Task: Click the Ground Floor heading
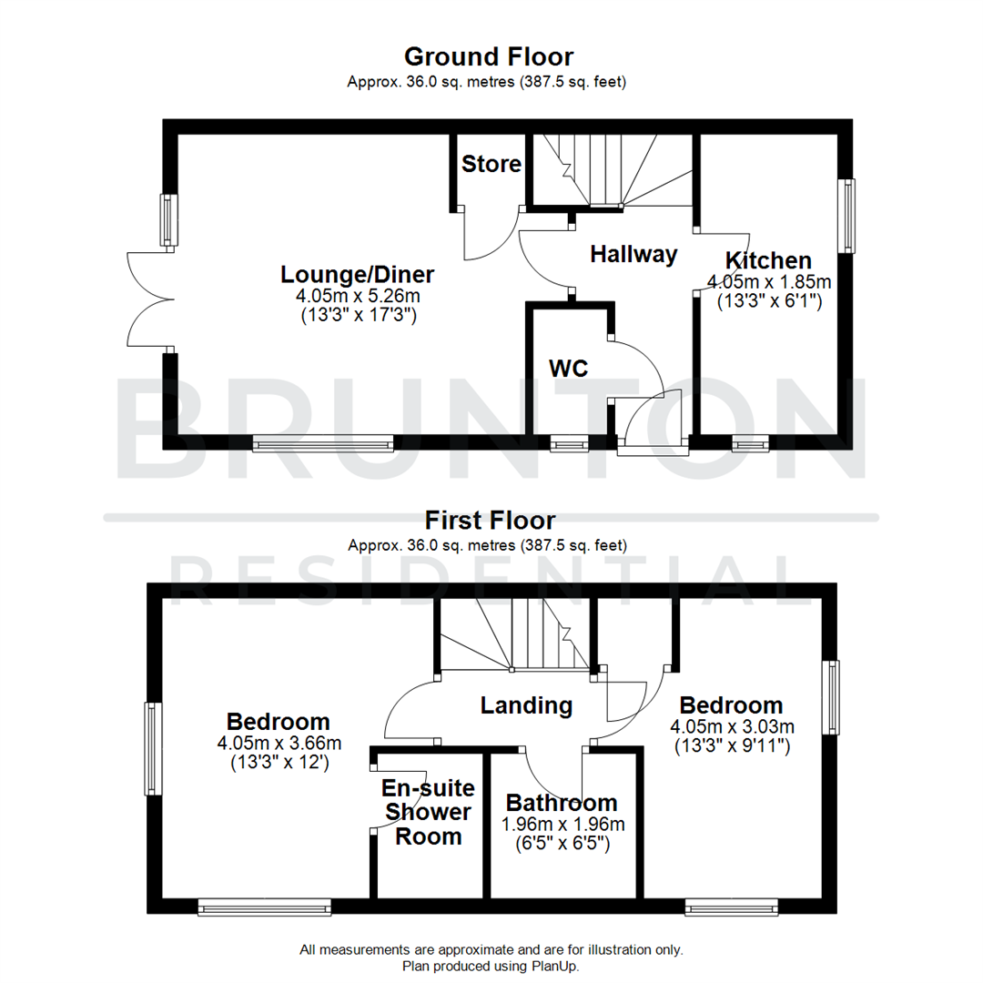489,56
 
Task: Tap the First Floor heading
490,521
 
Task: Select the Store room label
491,164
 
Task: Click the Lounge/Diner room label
357,274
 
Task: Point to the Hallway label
633,254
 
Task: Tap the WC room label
569,368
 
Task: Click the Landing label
526,704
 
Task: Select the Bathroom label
562,803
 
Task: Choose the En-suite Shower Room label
427,811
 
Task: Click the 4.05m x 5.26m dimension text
357,297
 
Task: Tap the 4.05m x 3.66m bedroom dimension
279,744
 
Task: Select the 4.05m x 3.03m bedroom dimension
732,726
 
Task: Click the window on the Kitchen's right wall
848,216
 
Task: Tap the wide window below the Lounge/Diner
323,444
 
